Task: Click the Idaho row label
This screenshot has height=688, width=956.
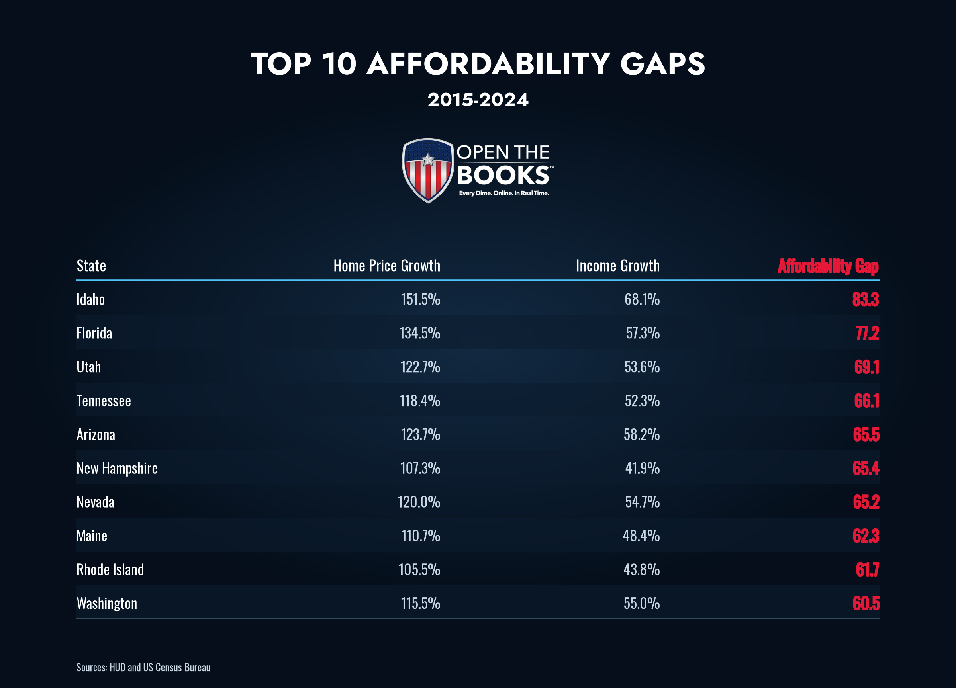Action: pyautogui.click(x=91, y=299)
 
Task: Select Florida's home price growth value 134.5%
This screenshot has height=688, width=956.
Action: pyautogui.click(x=420, y=333)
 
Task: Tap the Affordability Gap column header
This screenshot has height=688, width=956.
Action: pyautogui.click(x=828, y=266)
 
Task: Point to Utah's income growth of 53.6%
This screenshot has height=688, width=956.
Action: pyautogui.click(x=642, y=367)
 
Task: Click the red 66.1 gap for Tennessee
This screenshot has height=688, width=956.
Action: pyautogui.click(x=867, y=401)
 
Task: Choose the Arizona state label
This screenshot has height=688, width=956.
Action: pyautogui.click(x=96, y=434)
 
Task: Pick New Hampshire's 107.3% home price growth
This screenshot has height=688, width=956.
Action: pyautogui.click(x=420, y=468)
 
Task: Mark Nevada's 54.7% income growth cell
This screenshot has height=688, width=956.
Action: pyautogui.click(x=643, y=502)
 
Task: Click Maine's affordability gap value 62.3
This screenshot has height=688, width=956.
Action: pyautogui.click(x=866, y=536)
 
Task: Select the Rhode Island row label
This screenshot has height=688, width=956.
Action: pyautogui.click(x=110, y=570)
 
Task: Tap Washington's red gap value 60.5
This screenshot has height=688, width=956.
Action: pyautogui.click(x=866, y=603)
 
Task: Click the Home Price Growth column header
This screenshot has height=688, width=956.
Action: pyautogui.click(x=387, y=266)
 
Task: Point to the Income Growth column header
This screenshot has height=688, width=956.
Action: pyautogui.click(x=618, y=266)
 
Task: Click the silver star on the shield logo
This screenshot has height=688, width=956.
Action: pyautogui.click(x=428, y=159)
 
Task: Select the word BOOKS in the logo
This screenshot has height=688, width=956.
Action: pyautogui.click(x=503, y=175)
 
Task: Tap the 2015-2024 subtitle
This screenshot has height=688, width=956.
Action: pyautogui.click(x=478, y=100)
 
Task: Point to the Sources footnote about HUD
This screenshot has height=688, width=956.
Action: pyautogui.click(x=143, y=667)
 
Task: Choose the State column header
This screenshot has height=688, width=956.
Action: pyautogui.click(x=91, y=266)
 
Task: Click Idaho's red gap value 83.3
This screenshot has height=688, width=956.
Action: pyautogui.click(x=865, y=299)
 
